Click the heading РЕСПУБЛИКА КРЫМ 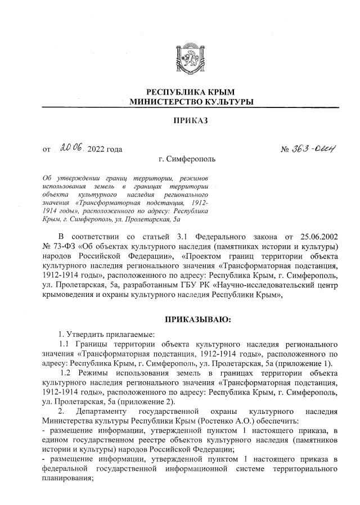pyautogui.click(x=190, y=92)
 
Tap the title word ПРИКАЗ pyautogui.click(x=190, y=121)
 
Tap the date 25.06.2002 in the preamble pyautogui.click(x=317, y=233)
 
